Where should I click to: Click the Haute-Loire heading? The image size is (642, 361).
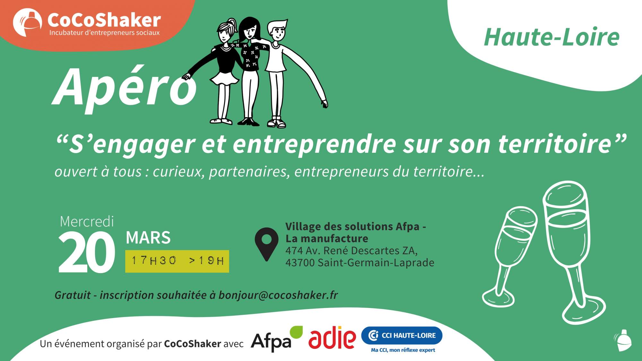click(551, 37)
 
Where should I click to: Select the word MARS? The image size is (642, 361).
click(148, 238)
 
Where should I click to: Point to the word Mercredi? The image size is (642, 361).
click(87, 221)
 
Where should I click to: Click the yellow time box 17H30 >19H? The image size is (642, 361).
click(177, 261)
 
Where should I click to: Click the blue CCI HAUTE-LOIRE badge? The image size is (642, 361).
click(402, 335)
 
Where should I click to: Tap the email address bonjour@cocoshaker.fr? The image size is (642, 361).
click(278, 295)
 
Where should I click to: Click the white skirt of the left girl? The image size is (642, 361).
click(225, 78)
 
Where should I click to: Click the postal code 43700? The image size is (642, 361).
click(300, 262)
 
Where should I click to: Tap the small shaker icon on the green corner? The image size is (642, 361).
click(623, 340)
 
